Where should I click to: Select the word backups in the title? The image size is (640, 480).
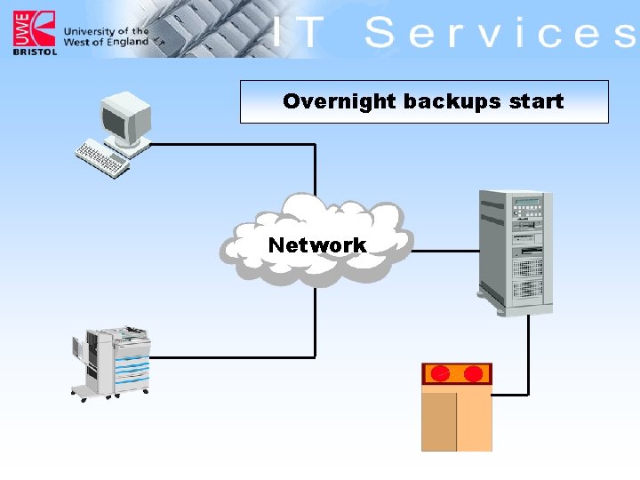coord(440,101)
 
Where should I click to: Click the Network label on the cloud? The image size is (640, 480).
coord(316,244)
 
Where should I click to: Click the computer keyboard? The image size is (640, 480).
coord(102,161)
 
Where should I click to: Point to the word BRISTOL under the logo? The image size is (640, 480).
coord(35,52)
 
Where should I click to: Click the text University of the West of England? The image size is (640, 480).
coord(105,36)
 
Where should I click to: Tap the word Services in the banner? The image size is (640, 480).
coord(498,34)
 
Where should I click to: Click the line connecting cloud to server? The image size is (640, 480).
coord(444,251)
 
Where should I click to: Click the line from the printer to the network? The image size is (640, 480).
coord(231,357)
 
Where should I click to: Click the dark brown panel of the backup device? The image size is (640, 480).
coord(439,421)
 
